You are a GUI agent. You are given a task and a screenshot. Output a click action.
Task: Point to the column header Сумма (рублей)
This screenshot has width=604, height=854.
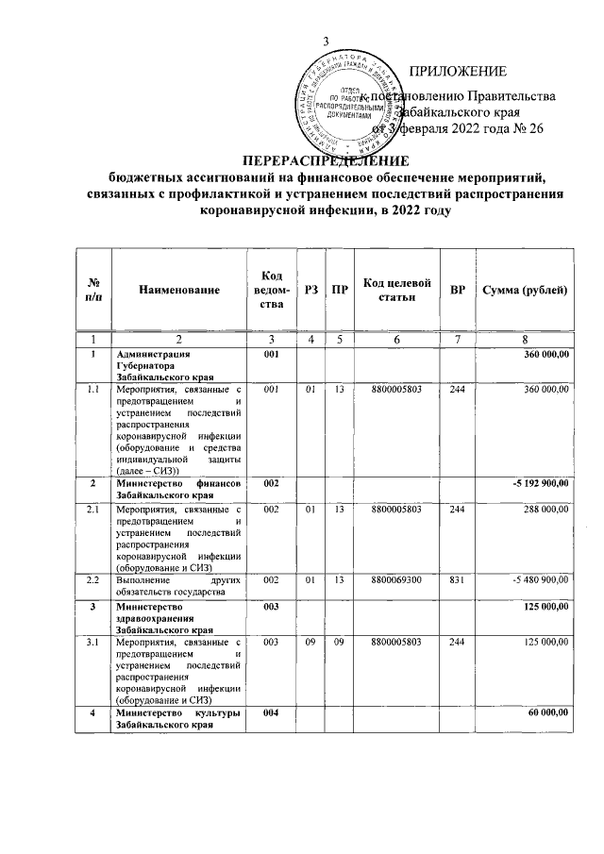point(524,291)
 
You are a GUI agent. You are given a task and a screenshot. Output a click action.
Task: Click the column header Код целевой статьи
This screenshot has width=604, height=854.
point(396,291)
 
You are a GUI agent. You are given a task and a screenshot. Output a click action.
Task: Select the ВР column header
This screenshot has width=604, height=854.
point(457,291)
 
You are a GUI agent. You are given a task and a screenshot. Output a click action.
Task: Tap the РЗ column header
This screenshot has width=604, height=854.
point(310,291)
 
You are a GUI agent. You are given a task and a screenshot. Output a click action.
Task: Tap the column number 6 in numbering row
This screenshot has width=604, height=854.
point(396,339)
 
